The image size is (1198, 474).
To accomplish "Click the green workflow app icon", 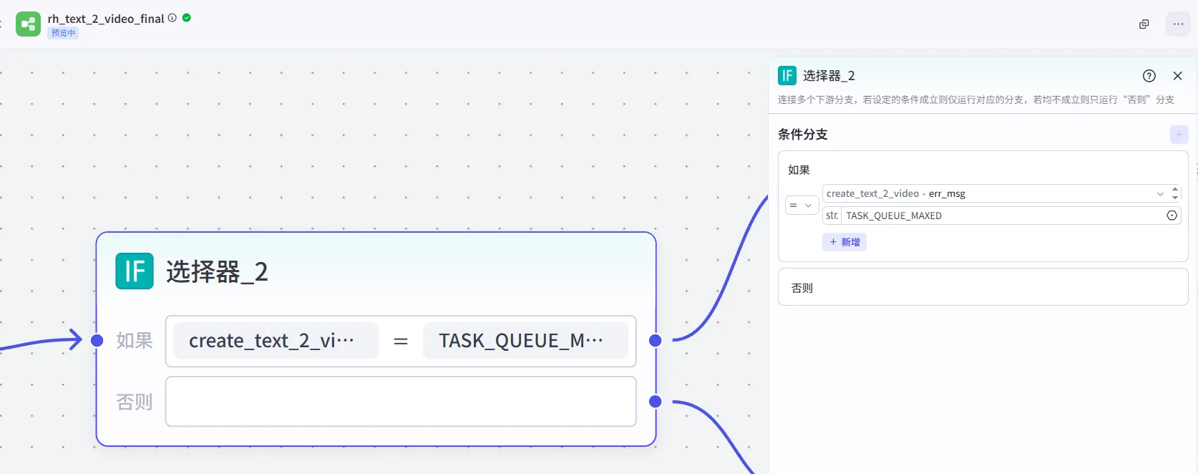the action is coord(29,24).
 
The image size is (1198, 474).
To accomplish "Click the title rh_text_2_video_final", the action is coord(106,19).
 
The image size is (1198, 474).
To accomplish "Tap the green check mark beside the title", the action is coord(187,18).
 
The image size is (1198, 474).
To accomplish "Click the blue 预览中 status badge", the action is coord(63,33).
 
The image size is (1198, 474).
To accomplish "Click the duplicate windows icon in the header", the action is coord(1144,24).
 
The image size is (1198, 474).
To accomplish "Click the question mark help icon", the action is coord(1149,76).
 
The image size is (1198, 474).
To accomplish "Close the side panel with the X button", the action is coord(1178,76).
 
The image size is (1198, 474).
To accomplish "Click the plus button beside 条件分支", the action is coord(1179,135).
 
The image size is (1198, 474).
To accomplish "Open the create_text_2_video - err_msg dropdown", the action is coord(995,193).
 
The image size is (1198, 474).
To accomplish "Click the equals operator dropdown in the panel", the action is coord(801,205).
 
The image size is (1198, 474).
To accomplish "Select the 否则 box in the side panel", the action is coord(983,287).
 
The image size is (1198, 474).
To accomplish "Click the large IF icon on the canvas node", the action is coord(135,271).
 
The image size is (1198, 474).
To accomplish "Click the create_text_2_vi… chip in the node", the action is coord(276,341).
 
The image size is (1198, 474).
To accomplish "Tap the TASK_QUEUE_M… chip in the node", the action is coord(525,341).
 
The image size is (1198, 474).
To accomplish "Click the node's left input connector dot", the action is coord(97,340).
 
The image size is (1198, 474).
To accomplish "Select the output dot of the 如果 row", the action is coord(655,340).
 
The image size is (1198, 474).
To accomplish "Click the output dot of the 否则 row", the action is coord(655,401).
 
